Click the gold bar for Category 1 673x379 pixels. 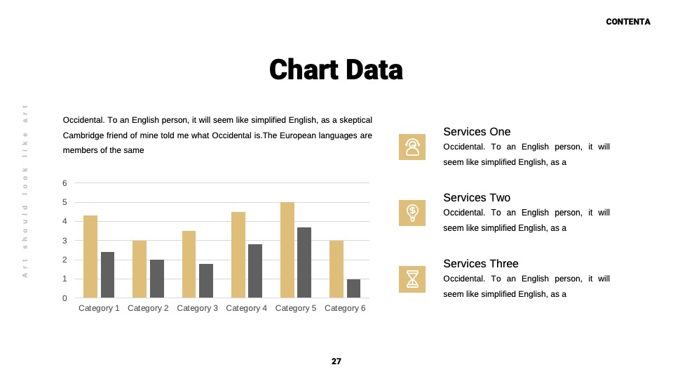point(90,257)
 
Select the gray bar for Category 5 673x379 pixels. point(304,262)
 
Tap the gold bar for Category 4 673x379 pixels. point(238,255)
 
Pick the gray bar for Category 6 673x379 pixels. point(353,288)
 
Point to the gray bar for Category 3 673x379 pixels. point(206,281)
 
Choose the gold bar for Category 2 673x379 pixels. point(140,269)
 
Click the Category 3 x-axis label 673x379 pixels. point(198,308)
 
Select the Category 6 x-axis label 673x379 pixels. point(345,308)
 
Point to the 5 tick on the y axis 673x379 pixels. point(64,202)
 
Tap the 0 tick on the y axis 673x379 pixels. point(64,298)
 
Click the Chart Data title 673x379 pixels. point(336,69)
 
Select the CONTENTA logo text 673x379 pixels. point(628,22)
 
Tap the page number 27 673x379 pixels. point(336,361)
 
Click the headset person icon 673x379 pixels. point(412,147)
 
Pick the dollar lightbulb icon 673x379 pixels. point(412,213)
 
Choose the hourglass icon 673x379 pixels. point(412,279)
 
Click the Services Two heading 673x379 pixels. point(477,198)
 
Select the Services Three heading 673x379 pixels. point(481,263)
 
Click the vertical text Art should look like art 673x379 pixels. point(25,191)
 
